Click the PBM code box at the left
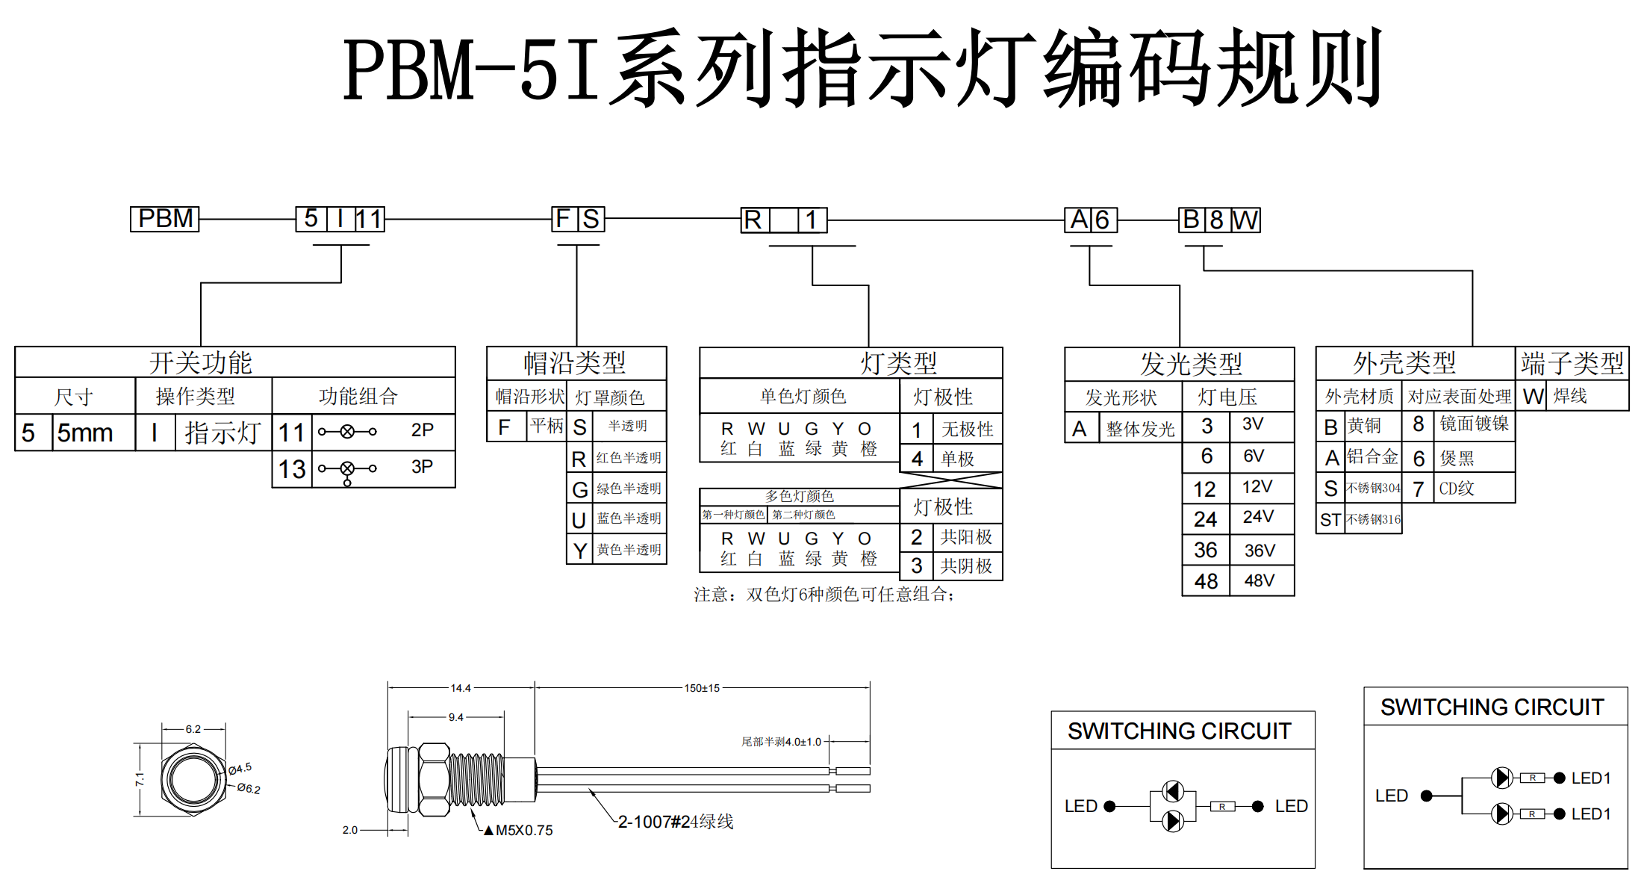tap(165, 219)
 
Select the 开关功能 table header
tap(200, 363)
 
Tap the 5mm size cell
tap(85, 433)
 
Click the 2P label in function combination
tap(422, 430)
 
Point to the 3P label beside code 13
tap(422, 467)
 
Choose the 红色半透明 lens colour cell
tap(629, 458)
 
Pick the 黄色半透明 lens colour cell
tap(629, 550)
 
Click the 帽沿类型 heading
tap(575, 363)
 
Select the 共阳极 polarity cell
tap(966, 537)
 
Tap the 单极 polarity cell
tap(957, 459)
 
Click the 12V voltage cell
tap(1257, 487)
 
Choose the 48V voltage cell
tap(1260, 580)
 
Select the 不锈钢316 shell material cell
tap(1374, 519)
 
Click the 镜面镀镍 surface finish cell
tap(1475, 424)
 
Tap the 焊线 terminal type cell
tap(1571, 396)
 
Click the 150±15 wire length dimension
tap(702, 688)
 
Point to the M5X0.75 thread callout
tap(524, 831)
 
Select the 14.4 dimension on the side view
tap(461, 688)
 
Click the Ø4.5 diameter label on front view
tap(240, 768)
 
